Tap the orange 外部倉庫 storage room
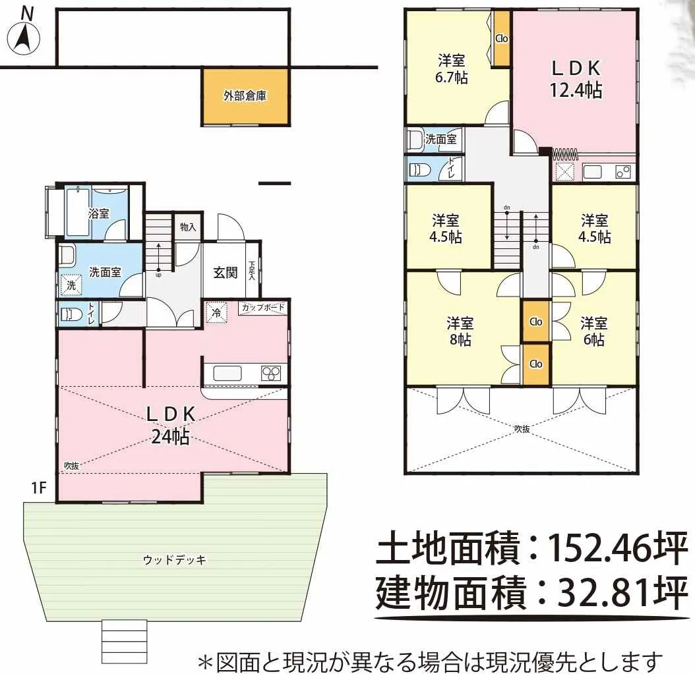click(x=245, y=97)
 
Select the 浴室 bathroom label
click(x=98, y=213)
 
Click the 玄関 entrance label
click(x=226, y=272)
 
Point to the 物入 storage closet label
click(x=188, y=227)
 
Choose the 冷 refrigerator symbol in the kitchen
click(x=217, y=313)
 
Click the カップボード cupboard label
click(x=263, y=307)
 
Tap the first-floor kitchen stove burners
click(x=271, y=373)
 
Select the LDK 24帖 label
click(x=171, y=425)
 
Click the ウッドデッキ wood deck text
click(x=175, y=560)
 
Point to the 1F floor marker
click(x=38, y=488)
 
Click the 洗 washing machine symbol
click(x=71, y=285)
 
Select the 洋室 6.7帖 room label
click(x=452, y=69)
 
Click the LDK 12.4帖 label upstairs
click(x=576, y=79)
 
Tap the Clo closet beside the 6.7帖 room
click(x=502, y=39)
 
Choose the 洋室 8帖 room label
click(x=460, y=331)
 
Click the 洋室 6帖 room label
click(x=593, y=331)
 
